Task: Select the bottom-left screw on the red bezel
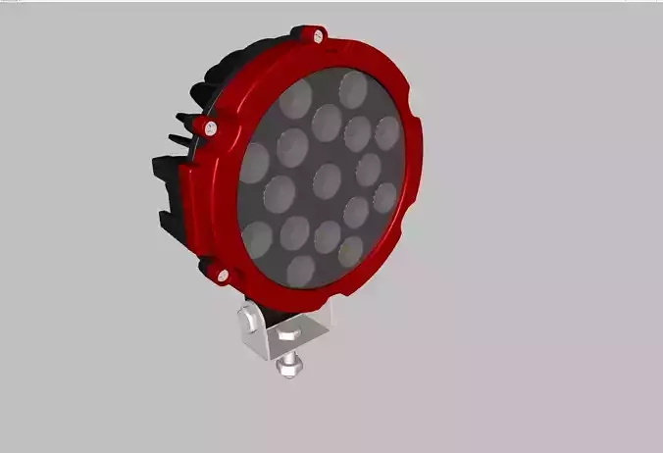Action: tap(224, 276)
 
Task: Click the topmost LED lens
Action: tap(353, 89)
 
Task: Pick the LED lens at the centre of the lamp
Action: tap(328, 179)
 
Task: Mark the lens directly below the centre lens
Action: tap(327, 235)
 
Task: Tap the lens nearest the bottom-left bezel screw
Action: tap(257, 238)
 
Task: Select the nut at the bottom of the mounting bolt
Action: tap(286, 369)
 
